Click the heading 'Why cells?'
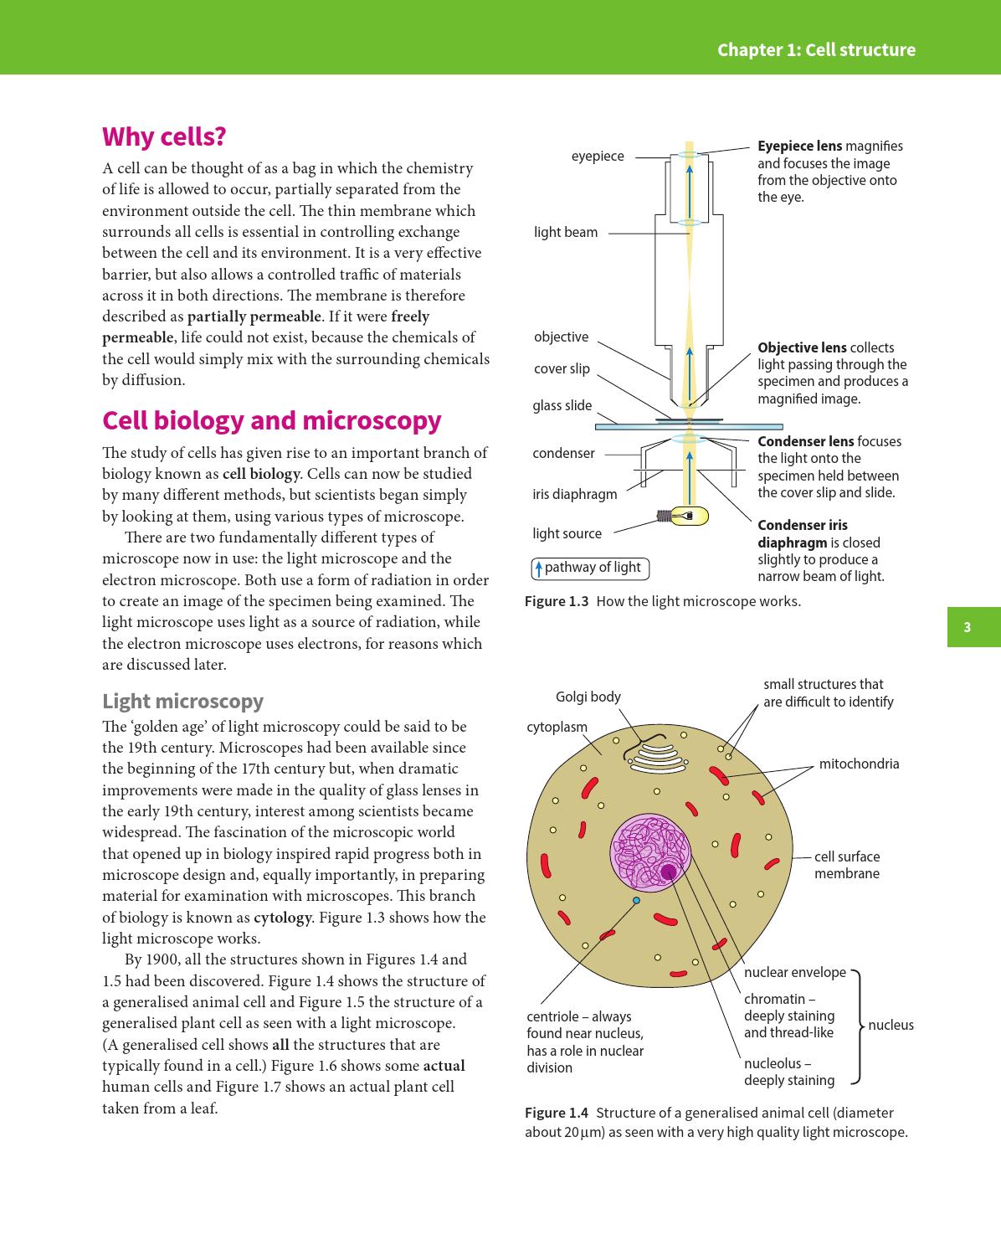click(x=164, y=136)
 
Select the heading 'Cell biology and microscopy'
click(x=271, y=420)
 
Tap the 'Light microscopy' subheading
click(x=182, y=701)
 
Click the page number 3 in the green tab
click(x=967, y=627)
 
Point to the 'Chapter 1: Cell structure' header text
click(x=816, y=50)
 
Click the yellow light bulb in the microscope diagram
click(x=690, y=517)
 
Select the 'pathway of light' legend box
click(x=590, y=568)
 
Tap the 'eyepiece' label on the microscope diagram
click(x=597, y=157)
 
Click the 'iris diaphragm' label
click(x=574, y=494)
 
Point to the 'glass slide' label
click(x=562, y=406)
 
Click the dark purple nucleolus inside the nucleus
click(x=668, y=872)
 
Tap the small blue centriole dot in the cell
click(x=636, y=900)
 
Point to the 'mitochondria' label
click(x=859, y=764)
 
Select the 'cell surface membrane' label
click(x=846, y=865)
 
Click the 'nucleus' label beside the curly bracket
click(x=891, y=1025)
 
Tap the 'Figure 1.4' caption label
click(x=556, y=1113)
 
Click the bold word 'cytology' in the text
click(x=282, y=918)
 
